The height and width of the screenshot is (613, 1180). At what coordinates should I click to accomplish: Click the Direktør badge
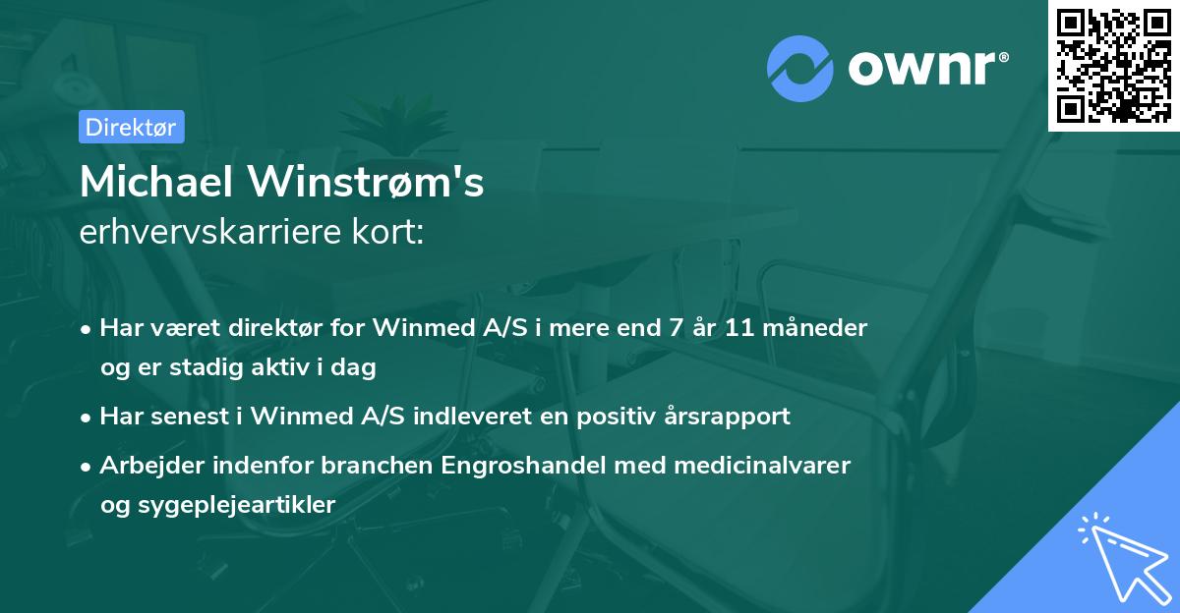pos(130,127)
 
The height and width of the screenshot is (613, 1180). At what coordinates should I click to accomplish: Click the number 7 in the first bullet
pos(675,328)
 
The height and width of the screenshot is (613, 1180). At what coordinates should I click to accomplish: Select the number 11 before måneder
pos(738,328)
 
